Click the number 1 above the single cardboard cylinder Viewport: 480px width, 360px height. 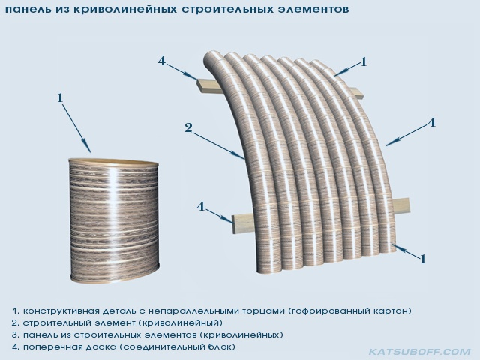(x=60, y=98)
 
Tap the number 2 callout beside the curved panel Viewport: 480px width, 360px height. (x=188, y=127)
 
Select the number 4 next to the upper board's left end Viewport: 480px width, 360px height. (x=162, y=61)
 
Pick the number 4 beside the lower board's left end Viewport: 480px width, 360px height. (x=200, y=207)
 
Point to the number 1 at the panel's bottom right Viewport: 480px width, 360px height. (x=423, y=259)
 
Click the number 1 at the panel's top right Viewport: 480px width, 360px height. (x=364, y=62)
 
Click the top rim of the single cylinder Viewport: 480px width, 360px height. (x=113, y=162)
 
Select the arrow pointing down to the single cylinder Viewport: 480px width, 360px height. (x=76, y=128)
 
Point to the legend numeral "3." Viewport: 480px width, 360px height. (x=15, y=334)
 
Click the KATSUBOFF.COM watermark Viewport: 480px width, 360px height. (x=420, y=352)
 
